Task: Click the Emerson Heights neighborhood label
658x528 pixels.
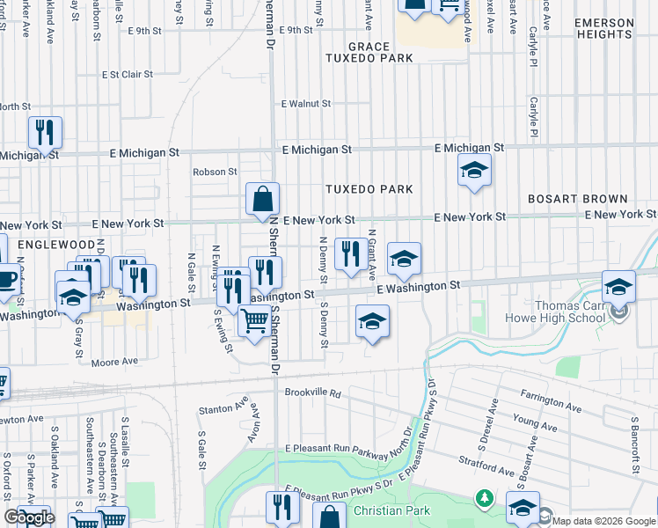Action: [617, 27]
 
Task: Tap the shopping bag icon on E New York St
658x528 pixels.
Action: [262, 202]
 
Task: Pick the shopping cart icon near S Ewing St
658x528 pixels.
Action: [254, 322]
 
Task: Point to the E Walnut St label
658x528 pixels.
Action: [305, 104]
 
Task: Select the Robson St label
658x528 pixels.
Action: [216, 172]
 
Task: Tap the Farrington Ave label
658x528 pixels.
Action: [551, 403]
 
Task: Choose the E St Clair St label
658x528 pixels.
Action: [128, 75]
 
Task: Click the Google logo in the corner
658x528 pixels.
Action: [29, 517]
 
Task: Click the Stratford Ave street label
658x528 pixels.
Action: [486, 466]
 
